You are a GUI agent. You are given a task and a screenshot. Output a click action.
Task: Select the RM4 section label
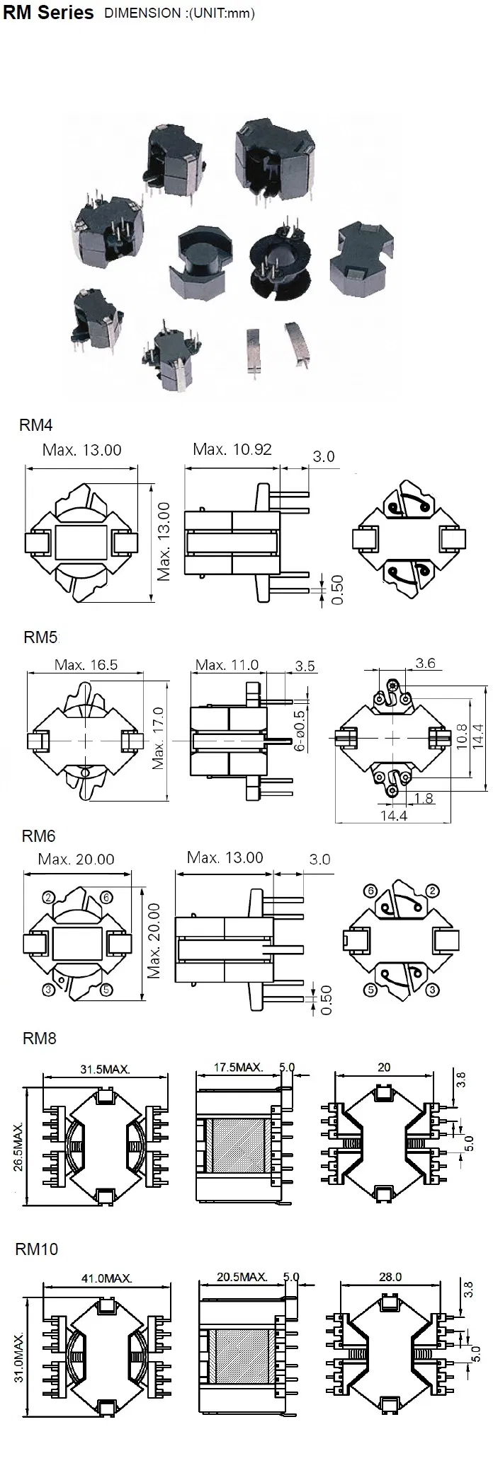36,425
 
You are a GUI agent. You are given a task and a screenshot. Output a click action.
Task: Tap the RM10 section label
37,1249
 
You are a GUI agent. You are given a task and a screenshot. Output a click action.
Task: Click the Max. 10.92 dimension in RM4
232,449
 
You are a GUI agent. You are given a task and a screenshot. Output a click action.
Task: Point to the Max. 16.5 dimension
86,665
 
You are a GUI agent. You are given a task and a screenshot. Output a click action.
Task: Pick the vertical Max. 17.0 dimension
158,739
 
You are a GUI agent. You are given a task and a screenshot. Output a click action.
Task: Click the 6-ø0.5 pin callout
300,730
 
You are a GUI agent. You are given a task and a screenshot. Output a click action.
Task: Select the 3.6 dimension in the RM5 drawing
425,663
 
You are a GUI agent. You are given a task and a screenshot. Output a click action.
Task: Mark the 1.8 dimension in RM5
424,799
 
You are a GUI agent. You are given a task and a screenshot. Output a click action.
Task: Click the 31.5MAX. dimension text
104,1069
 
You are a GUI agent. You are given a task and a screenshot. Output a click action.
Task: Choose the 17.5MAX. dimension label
239,1067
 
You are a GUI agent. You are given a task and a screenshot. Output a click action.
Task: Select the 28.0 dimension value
390,1277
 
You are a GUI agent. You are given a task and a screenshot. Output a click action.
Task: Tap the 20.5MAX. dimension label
242,1277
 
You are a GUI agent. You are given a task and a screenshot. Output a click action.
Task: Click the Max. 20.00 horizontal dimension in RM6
76,859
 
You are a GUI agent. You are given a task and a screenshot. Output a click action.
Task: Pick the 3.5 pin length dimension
305,666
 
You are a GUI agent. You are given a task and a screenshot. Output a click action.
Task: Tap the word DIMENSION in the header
142,13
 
